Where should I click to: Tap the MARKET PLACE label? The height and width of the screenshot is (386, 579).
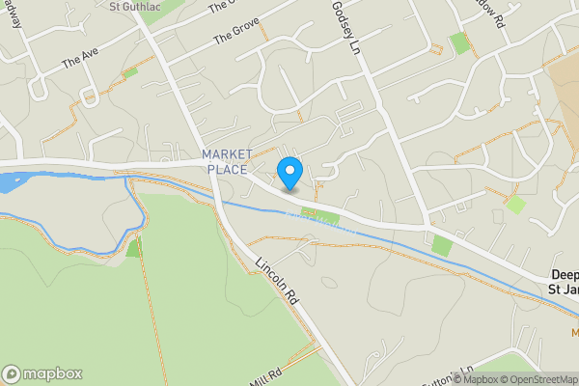click(x=227, y=162)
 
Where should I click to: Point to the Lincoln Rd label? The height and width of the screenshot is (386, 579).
click(x=277, y=282)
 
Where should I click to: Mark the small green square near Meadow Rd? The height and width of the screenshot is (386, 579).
click(x=460, y=42)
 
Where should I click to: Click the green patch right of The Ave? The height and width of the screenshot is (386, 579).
click(x=130, y=71)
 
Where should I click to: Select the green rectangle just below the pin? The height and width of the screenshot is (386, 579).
click(x=309, y=213)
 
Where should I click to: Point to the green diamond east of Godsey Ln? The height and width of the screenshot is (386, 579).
click(x=515, y=205)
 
